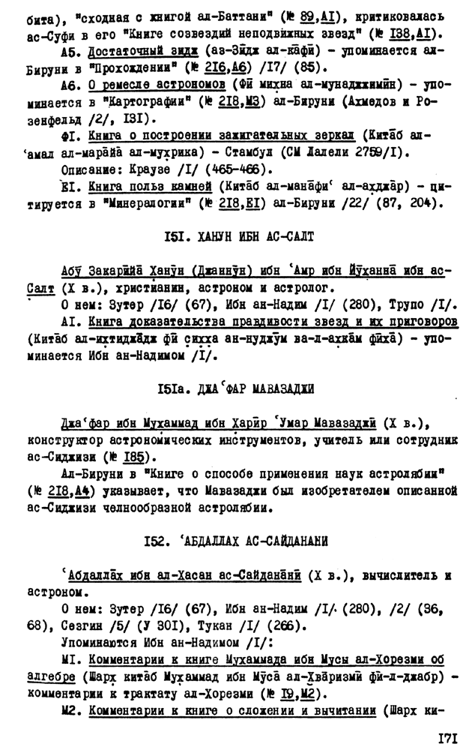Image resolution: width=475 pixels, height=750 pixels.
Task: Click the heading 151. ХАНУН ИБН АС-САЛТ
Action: (x=237, y=237)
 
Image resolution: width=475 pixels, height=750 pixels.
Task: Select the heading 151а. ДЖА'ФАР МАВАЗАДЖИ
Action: (x=237, y=388)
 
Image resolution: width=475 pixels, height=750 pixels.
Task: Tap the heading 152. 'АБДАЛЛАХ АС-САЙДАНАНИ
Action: (x=237, y=539)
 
